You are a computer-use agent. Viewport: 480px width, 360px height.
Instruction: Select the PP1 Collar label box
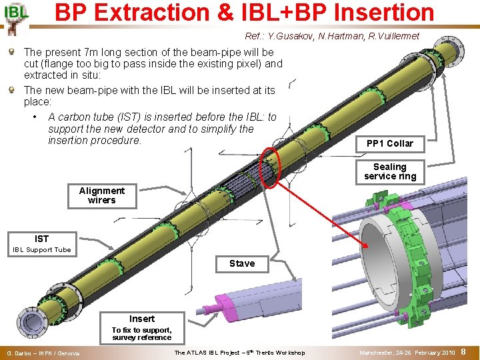[390, 143]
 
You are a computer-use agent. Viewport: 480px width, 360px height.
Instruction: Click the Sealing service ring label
[390, 171]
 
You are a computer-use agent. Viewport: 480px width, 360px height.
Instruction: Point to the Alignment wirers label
[101, 195]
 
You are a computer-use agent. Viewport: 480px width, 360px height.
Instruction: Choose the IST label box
[42, 239]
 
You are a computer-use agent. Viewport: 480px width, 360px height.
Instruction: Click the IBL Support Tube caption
[42, 250]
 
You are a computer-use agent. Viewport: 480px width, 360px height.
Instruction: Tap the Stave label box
[242, 263]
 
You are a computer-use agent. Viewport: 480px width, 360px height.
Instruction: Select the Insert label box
[142, 319]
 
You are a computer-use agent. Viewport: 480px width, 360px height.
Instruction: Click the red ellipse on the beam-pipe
[271, 167]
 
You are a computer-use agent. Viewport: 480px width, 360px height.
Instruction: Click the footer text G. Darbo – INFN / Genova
[42, 353]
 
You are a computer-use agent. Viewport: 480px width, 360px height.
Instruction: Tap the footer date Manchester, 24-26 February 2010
[407, 352]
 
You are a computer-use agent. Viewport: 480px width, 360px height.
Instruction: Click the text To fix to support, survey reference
[142, 333]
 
